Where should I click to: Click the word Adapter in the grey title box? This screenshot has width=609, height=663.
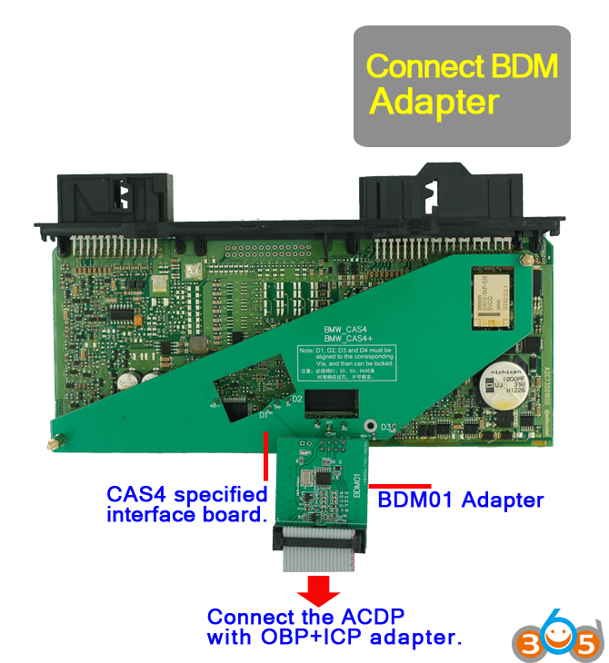[x=434, y=102]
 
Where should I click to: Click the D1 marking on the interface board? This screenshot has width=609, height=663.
[x=265, y=415]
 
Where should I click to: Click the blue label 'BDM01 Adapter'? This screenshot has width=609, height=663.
[x=460, y=500]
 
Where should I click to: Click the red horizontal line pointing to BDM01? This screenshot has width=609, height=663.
[x=399, y=486]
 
